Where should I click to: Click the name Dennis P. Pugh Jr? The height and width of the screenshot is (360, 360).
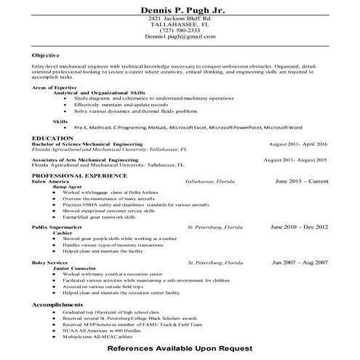[180, 7]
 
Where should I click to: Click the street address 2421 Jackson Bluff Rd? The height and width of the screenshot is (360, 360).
[180, 17]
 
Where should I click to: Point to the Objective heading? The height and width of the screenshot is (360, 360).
[46, 55]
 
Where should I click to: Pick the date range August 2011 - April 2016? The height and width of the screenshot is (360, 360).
[297, 144]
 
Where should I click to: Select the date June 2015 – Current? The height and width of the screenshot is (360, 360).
[301, 181]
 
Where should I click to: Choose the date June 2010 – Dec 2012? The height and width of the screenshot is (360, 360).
[299, 227]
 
